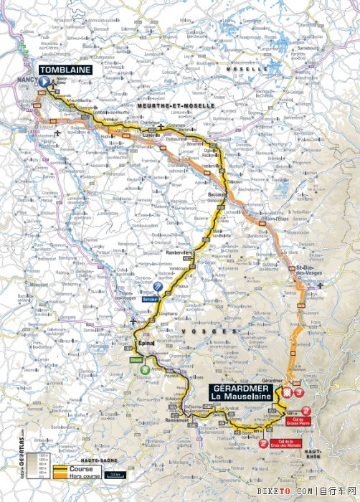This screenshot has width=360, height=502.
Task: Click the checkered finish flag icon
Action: (287, 393)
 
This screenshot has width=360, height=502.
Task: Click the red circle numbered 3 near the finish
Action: (299, 393)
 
